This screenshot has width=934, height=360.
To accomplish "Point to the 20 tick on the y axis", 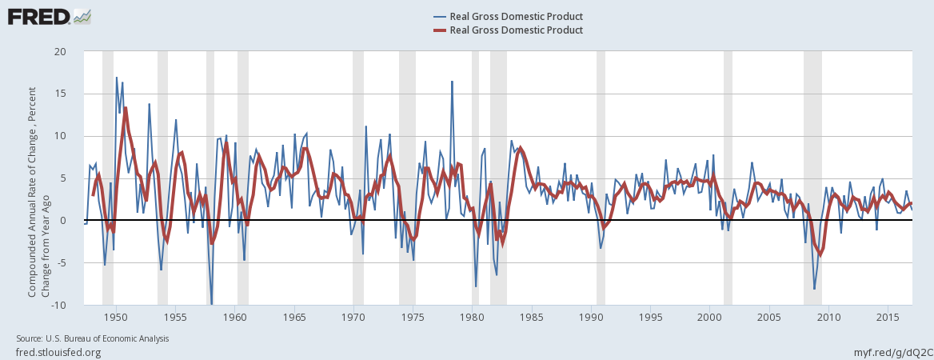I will pyautogui.click(x=71, y=51).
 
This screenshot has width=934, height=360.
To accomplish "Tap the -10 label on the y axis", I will pyautogui.click(x=70, y=306).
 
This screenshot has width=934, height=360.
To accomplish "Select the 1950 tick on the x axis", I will pyautogui.click(x=116, y=317).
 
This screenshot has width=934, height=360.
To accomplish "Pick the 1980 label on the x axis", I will pyautogui.click(x=472, y=317).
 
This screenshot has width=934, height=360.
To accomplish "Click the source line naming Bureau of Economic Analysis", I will pyautogui.click(x=92, y=339).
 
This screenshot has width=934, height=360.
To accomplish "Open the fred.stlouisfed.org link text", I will pyautogui.click(x=58, y=352).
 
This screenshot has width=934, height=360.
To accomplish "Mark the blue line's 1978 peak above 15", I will pyautogui.click(x=452, y=81).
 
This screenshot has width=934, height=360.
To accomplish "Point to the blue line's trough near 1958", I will pyautogui.click(x=212, y=304).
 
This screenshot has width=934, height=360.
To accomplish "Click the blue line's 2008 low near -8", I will pyautogui.click(x=814, y=289).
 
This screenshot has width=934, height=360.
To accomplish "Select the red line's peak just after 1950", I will pyautogui.click(x=126, y=108).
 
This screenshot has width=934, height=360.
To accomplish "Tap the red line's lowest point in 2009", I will pyautogui.click(x=820, y=255).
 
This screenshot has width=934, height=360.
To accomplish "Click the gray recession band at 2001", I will pyautogui.click(x=728, y=176).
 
